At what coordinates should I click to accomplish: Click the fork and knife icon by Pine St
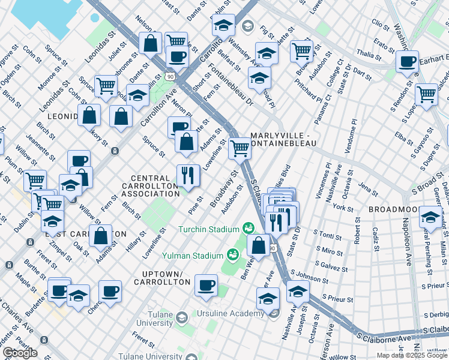click(188, 175)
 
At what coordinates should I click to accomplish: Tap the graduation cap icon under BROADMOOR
click(430, 216)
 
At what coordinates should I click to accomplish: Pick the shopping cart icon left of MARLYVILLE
click(240, 147)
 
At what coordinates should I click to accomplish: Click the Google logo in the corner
click(20, 353)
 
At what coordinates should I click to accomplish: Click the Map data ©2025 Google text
click(411, 355)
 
